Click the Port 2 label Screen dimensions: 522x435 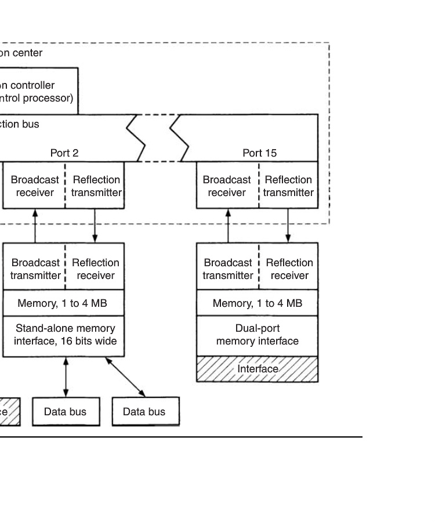[x=64, y=154]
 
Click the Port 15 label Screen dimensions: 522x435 [x=259, y=154]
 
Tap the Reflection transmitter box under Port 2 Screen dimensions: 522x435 [x=96, y=186]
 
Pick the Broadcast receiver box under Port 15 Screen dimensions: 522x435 [x=227, y=186]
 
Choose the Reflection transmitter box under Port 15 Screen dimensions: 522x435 [x=288, y=186]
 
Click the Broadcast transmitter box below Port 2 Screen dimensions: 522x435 [x=35, y=269]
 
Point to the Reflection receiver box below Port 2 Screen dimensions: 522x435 [x=96, y=269]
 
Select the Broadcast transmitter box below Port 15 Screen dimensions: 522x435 [x=227, y=269]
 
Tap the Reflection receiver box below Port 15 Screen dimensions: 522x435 [x=289, y=269]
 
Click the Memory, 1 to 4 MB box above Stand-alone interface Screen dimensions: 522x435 [x=63, y=303]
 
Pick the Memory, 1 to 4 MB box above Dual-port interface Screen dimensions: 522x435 [x=258, y=303]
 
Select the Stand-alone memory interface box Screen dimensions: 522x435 [x=64, y=335]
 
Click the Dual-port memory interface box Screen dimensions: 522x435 [x=258, y=335]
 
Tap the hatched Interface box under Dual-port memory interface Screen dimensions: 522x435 [x=258, y=369]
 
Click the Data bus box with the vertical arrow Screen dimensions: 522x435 [x=66, y=412]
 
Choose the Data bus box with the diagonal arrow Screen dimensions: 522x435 [x=144, y=412]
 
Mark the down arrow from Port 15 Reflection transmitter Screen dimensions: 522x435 [x=288, y=226]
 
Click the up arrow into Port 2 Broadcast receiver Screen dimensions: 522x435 [x=35, y=226]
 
